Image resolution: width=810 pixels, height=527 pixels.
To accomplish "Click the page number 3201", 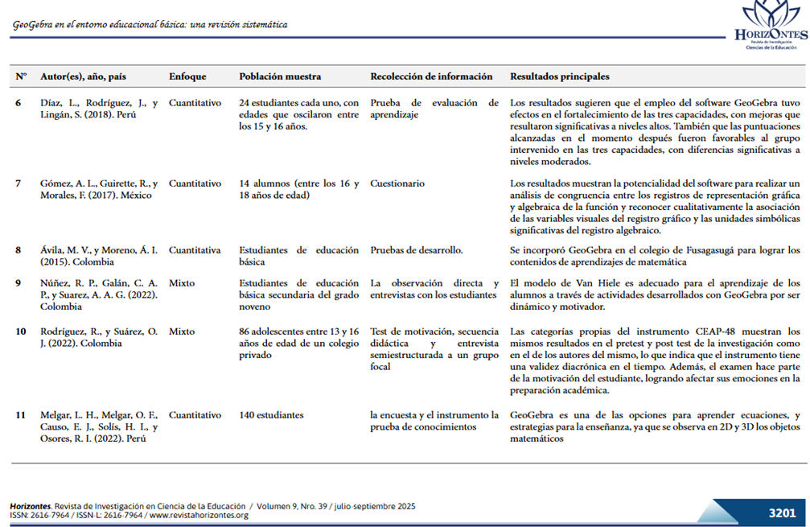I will pyautogui.click(x=781, y=513).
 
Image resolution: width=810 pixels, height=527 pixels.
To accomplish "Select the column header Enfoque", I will pyautogui.click(x=187, y=76).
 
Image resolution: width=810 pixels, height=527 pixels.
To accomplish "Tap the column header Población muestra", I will pyautogui.click(x=280, y=76).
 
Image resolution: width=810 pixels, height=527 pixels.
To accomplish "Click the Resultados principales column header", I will pyautogui.click(x=560, y=76).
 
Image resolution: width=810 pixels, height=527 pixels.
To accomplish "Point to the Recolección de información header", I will pyautogui.click(x=431, y=76).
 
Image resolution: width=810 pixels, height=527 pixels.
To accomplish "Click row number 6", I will pyautogui.click(x=19, y=103).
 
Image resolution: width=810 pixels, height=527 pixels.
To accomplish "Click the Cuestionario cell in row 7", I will pyautogui.click(x=397, y=183).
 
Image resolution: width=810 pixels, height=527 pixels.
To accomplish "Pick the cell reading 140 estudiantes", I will pyautogui.click(x=271, y=415).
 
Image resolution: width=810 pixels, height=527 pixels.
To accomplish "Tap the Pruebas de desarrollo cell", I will pyautogui.click(x=416, y=250).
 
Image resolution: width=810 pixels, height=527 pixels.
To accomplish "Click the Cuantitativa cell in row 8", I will pyautogui.click(x=195, y=250).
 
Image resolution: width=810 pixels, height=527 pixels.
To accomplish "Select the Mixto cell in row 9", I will pyautogui.click(x=182, y=283).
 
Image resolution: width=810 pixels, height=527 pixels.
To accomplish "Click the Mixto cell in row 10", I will pyautogui.click(x=182, y=331).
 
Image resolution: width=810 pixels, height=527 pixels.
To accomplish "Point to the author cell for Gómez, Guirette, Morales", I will pyautogui.click(x=99, y=189).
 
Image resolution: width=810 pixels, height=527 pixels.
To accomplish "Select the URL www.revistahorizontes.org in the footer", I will pyautogui.click(x=199, y=515).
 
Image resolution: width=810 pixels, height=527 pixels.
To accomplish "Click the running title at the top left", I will pyautogui.click(x=150, y=25).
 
